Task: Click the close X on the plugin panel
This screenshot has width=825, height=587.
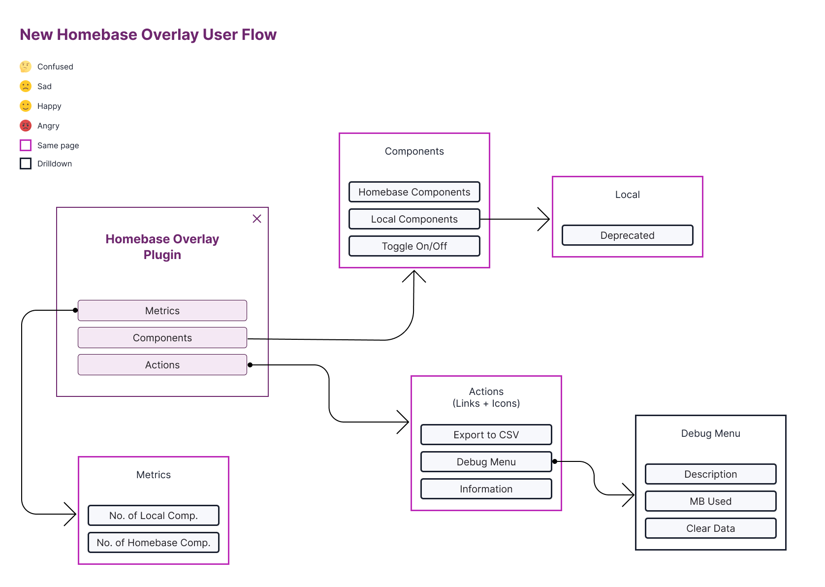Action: (257, 219)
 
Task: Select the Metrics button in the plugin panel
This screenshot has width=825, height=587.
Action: (162, 311)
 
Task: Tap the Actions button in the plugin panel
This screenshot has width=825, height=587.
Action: (162, 365)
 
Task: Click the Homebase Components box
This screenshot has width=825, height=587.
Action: (414, 192)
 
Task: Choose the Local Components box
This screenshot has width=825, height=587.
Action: (414, 219)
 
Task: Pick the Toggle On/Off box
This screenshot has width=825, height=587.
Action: (414, 246)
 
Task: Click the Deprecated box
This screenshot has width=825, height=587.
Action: (627, 235)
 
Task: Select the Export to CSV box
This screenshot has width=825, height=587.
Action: (486, 435)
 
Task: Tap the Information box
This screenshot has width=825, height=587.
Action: (486, 489)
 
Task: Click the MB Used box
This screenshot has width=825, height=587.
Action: (710, 501)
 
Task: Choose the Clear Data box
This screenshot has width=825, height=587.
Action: (710, 528)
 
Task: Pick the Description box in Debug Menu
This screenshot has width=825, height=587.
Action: (710, 474)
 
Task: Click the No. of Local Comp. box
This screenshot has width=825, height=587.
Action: (153, 516)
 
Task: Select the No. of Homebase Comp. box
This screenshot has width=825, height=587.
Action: (153, 543)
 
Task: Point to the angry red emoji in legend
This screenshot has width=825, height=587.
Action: (26, 126)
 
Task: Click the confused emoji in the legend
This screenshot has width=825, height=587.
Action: (26, 66)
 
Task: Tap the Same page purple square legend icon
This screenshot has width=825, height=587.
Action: (26, 145)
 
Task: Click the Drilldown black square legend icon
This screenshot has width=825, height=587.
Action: (26, 163)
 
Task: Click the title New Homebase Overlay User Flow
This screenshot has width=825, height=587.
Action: (148, 34)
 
